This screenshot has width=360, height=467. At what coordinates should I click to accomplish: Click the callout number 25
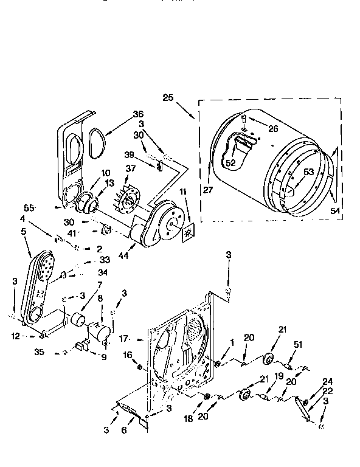point(168,97)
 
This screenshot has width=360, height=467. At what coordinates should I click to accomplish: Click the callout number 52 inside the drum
point(229,162)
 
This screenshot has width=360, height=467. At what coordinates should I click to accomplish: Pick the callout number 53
point(308,172)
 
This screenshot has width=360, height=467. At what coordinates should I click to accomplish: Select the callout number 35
point(40,351)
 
